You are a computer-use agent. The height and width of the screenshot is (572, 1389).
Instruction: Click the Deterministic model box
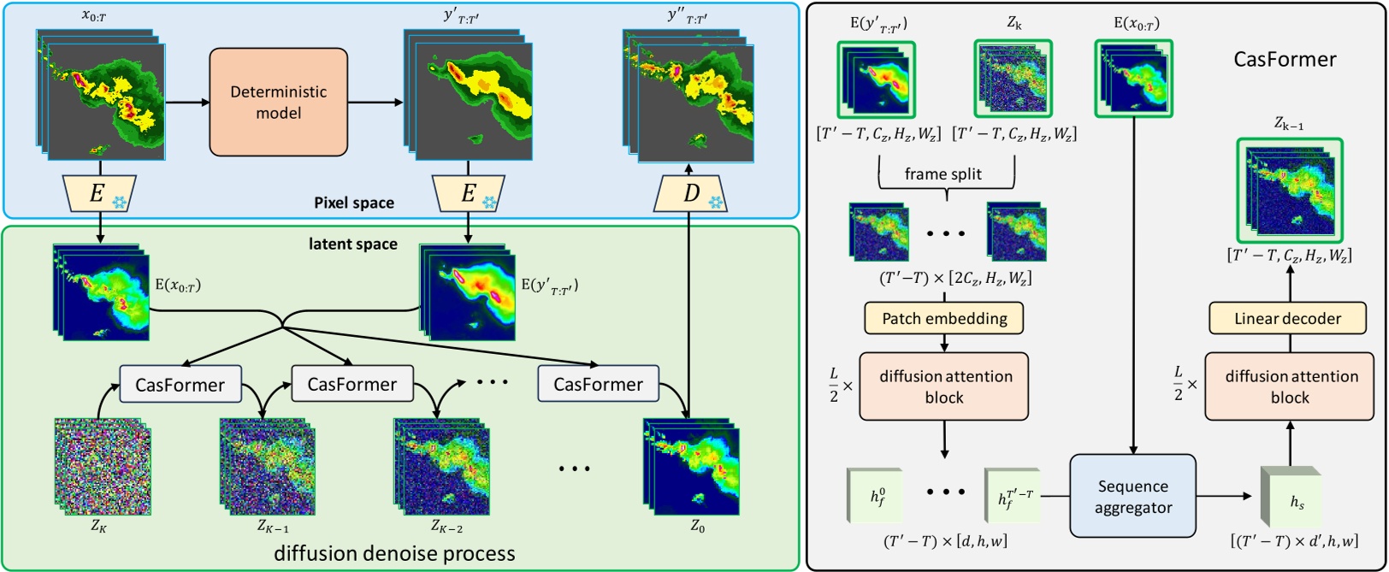pos(278,102)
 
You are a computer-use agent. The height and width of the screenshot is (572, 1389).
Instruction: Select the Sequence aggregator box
pos(1132,496)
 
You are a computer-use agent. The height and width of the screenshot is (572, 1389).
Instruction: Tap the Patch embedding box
pos(944,319)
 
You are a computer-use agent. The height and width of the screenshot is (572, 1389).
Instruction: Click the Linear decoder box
pos(1287,319)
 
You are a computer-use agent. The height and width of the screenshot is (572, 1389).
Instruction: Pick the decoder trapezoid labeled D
pos(691,194)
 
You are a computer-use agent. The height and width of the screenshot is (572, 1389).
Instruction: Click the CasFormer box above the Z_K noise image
pos(180,385)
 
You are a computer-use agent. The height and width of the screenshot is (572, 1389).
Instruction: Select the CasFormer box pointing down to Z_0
pos(598,385)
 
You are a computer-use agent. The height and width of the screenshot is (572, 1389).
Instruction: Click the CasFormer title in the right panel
pos(1284,59)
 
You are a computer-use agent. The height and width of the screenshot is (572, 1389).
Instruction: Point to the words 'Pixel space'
pos(354,203)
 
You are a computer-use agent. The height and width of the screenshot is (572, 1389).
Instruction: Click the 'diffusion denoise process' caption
pos(394,553)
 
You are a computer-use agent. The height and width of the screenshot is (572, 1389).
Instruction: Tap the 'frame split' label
pos(943,174)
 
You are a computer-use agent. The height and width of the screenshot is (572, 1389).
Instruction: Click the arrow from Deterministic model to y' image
pos(375,103)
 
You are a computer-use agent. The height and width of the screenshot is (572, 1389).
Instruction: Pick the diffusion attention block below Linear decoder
pos(1291,386)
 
